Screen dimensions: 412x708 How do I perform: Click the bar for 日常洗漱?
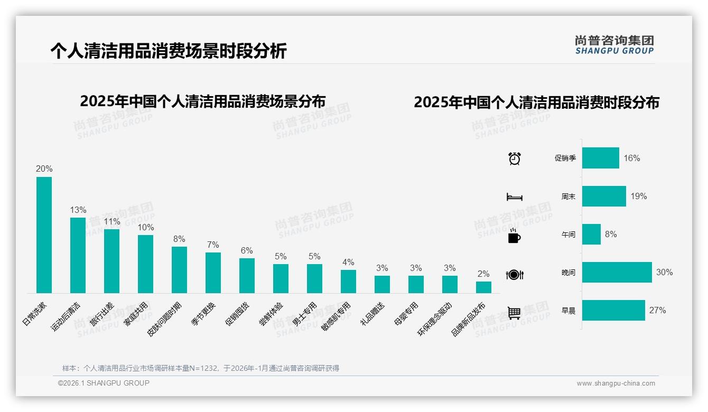(44, 235)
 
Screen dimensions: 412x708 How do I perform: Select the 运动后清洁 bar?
(78, 255)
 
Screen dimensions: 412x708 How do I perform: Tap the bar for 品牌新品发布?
(483, 287)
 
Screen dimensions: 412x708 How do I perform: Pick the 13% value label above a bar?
(78, 210)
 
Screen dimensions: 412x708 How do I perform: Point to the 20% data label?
(44, 169)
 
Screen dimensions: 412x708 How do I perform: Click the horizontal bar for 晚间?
(617, 273)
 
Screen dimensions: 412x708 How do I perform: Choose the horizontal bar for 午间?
(591, 235)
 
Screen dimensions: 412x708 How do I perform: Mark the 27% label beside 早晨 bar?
(657, 311)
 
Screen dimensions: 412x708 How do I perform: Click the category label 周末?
(569, 196)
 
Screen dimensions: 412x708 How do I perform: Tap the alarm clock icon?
(515, 158)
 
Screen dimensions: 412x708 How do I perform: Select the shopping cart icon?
(515, 313)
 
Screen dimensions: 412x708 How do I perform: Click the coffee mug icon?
(514, 236)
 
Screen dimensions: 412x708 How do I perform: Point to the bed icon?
(515, 197)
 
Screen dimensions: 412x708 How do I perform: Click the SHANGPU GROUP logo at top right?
(614, 45)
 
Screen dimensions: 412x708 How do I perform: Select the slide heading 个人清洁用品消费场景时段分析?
(169, 51)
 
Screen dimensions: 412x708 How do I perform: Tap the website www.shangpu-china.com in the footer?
(616, 383)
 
